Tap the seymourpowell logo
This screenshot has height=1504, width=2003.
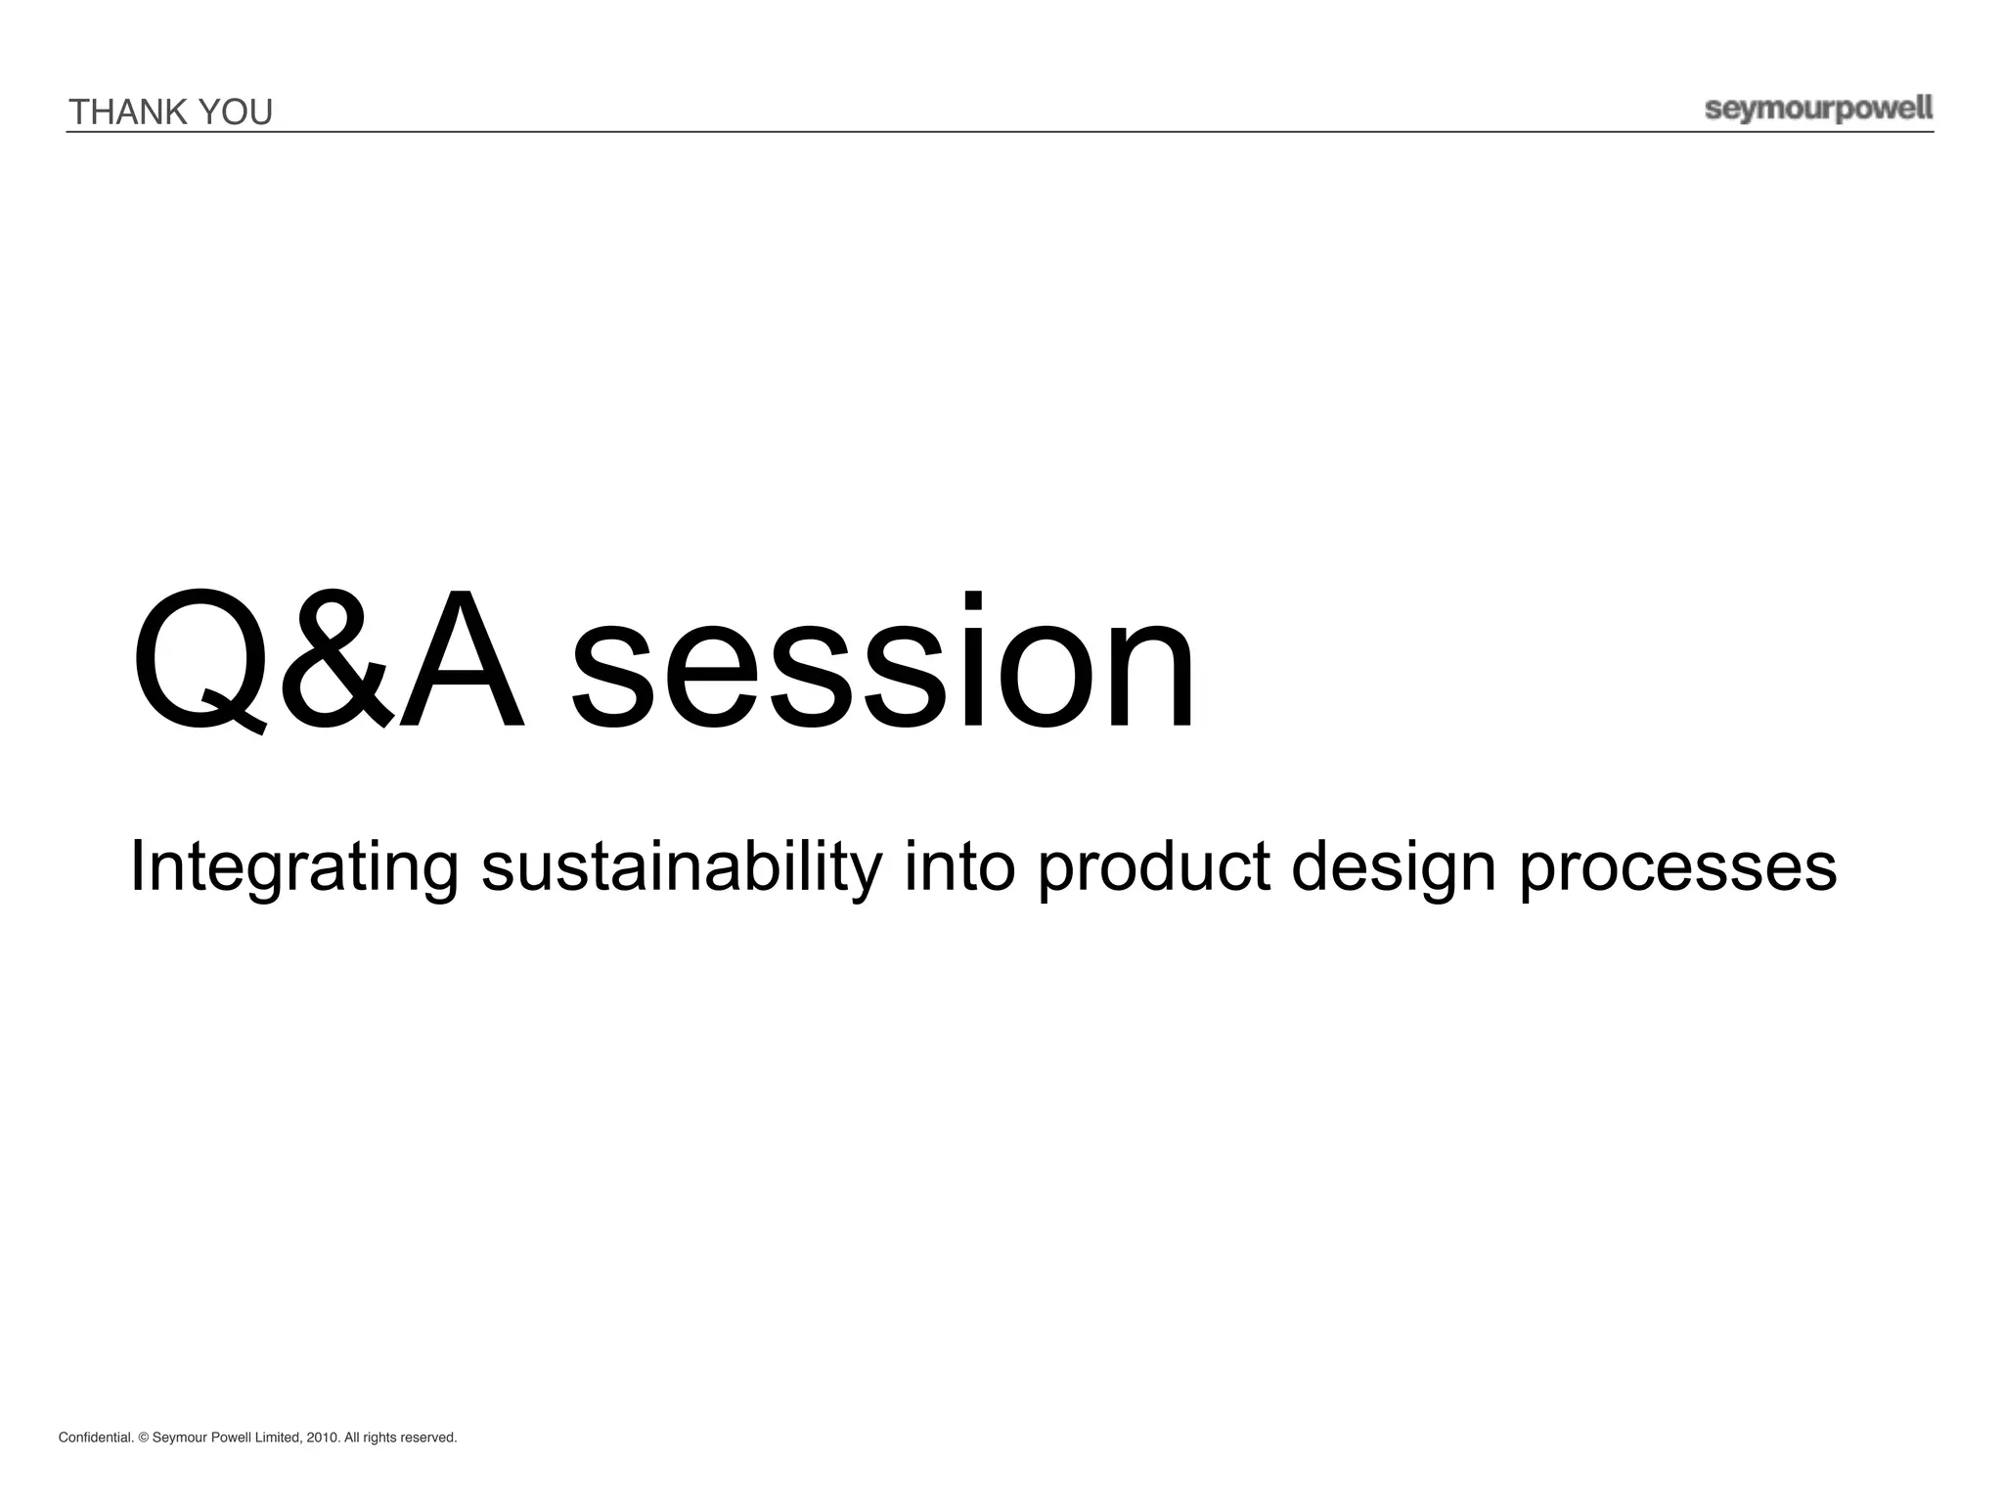(1818, 110)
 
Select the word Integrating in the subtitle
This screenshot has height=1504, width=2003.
(293, 867)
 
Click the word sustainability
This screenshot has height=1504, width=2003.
(682, 867)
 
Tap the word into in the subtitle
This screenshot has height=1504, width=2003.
(959, 867)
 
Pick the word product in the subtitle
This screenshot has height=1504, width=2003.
(1153, 867)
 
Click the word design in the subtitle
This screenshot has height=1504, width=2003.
(1393, 867)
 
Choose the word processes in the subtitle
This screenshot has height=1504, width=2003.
(1677, 867)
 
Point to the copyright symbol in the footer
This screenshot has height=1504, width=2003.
(143, 1438)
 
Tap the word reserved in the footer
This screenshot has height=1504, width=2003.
(427, 1438)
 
